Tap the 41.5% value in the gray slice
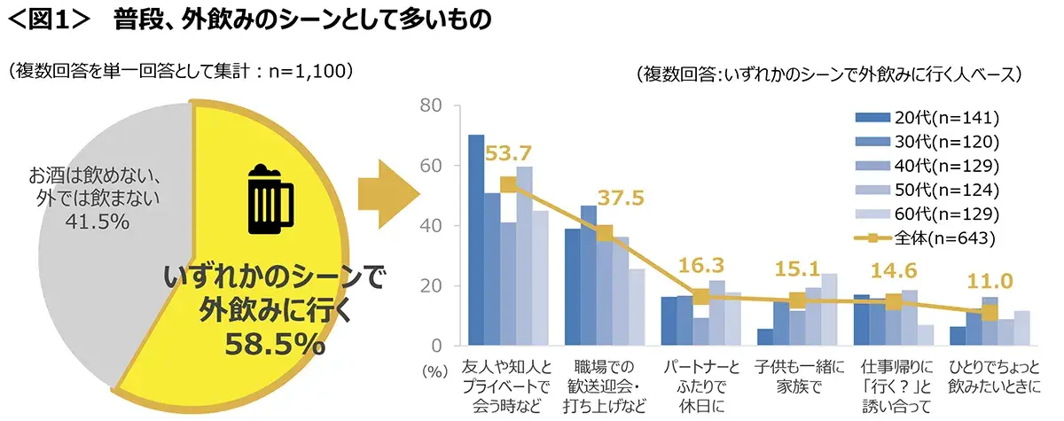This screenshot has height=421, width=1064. (x=97, y=222)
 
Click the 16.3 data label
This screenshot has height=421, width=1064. (x=701, y=265)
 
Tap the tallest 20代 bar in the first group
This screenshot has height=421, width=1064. (x=476, y=239)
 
